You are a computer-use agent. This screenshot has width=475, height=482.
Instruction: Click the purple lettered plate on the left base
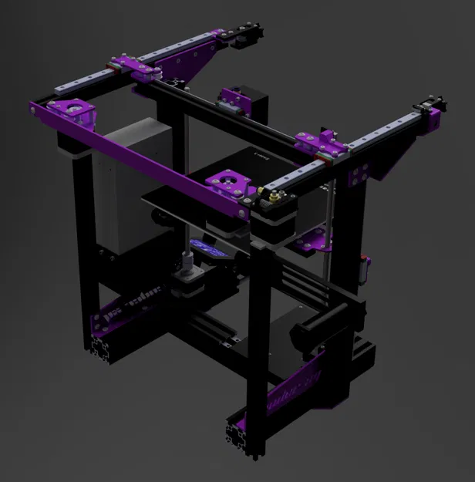pyautogui.click(x=127, y=308)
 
